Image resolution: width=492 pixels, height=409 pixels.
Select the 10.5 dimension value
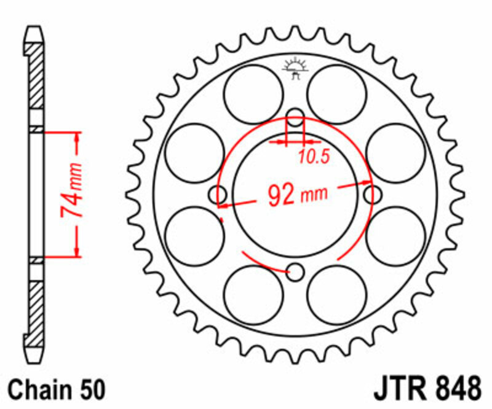point(314,157)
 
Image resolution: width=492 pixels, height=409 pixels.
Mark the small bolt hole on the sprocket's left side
point(218,195)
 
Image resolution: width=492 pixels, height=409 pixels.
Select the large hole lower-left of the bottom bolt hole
point(253,294)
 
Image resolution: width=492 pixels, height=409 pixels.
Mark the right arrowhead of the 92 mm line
point(367,182)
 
